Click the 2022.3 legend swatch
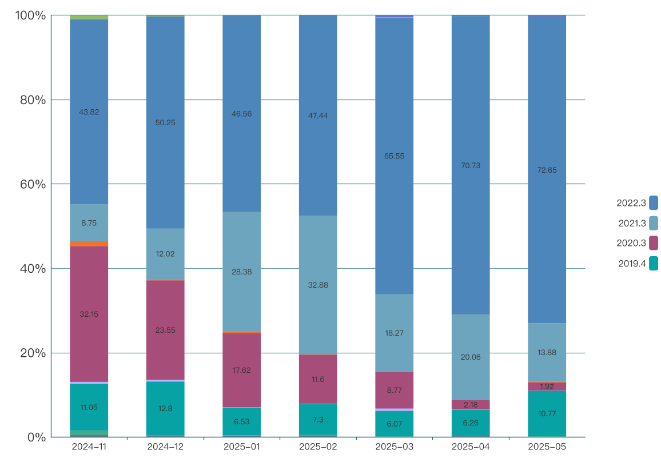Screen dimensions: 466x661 (654, 202)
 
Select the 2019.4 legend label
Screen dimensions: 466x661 (632, 264)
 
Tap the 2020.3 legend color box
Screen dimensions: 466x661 (654, 243)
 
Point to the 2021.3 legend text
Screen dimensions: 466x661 (632, 223)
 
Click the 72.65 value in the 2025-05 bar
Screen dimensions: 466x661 (547, 170)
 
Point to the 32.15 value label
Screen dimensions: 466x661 (89, 314)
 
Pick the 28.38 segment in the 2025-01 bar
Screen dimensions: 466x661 (241, 272)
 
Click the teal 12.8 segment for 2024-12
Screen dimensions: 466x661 (165, 408)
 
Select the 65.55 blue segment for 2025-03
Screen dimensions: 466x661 (394, 156)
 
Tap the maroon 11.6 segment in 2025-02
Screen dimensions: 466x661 (318, 379)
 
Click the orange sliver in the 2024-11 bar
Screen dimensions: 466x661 (89, 244)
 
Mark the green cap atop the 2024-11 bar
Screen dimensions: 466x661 (89, 17)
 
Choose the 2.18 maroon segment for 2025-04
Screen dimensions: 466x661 (471, 404)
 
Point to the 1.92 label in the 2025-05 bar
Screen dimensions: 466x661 (547, 387)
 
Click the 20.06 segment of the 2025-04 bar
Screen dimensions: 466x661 (471, 357)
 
